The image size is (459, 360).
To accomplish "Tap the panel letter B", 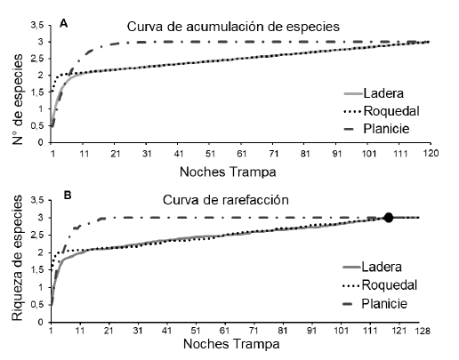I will [62, 189].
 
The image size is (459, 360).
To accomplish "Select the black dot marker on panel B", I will [388, 218].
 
